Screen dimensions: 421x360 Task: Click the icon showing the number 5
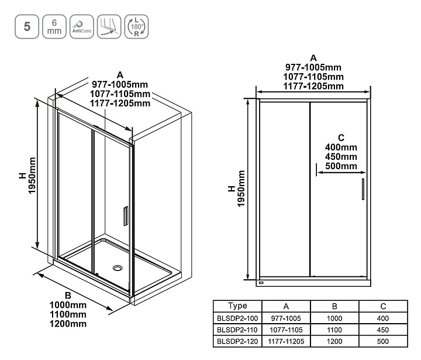point(27,26)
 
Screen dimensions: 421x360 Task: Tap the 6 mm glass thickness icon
point(54,26)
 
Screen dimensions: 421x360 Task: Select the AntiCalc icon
point(82,26)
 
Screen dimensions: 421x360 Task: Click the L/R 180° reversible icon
point(136,26)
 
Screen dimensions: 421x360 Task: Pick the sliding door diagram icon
point(109,26)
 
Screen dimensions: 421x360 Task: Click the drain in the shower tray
point(118,268)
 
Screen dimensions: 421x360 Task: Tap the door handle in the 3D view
point(126,216)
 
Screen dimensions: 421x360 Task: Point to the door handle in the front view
point(363,189)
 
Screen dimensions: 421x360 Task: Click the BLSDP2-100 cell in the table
point(237,318)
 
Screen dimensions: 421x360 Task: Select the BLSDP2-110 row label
point(237,330)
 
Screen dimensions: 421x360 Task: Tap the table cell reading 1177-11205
point(286,341)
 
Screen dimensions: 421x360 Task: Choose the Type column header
point(237,306)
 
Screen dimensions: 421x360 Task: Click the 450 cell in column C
point(383,330)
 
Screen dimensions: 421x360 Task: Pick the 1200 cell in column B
point(334,341)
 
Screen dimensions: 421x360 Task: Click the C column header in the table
point(383,306)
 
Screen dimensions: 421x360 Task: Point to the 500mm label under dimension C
point(341,166)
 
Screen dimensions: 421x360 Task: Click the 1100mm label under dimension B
point(68,314)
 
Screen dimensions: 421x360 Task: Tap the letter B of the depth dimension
point(68,296)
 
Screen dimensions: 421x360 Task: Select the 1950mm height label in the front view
point(241,188)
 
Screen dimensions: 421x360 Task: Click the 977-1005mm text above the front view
point(313,67)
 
